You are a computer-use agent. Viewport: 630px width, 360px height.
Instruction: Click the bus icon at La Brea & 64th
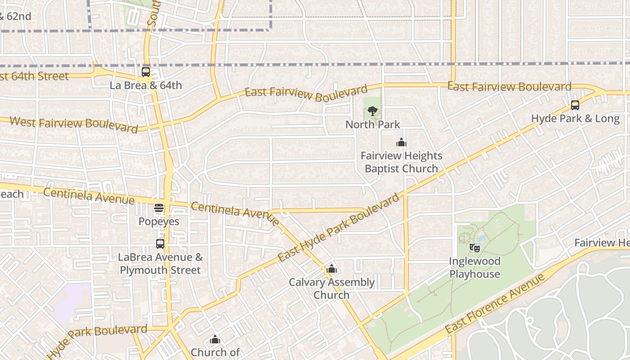[x=146, y=72]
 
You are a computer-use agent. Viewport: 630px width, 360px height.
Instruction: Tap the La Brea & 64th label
[x=146, y=85]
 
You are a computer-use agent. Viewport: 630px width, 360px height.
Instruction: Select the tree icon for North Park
[x=372, y=111]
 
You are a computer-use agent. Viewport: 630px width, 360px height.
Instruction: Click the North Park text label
[x=373, y=124]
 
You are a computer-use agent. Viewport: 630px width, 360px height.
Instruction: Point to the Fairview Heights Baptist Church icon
[x=401, y=143]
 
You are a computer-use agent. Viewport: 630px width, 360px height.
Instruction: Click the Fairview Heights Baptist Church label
[x=401, y=162]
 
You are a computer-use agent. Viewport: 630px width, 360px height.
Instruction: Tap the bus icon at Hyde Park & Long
[x=575, y=105]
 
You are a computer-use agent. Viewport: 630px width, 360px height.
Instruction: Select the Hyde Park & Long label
[x=575, y=118]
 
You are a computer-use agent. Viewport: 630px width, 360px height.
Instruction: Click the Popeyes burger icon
[x=159, y=208]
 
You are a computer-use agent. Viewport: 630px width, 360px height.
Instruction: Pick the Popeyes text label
[x=159, y=221]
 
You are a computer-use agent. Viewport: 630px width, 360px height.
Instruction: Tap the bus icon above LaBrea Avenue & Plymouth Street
[x=160, y=244]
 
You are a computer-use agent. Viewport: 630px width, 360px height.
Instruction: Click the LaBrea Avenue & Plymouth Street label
[x=160, y=264]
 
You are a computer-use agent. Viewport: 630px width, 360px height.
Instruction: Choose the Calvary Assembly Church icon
[x=332, y=269]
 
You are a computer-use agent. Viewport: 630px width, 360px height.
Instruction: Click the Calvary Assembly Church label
[x=332, y=288]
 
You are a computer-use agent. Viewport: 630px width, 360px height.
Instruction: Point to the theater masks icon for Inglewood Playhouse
[x=474, y=247]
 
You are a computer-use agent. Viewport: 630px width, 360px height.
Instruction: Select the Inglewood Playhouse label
[x=475, y=267]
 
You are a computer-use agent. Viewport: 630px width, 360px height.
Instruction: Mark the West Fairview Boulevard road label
[x=73, y=124]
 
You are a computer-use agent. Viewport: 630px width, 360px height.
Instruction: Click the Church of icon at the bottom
[x=215, y=339]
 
